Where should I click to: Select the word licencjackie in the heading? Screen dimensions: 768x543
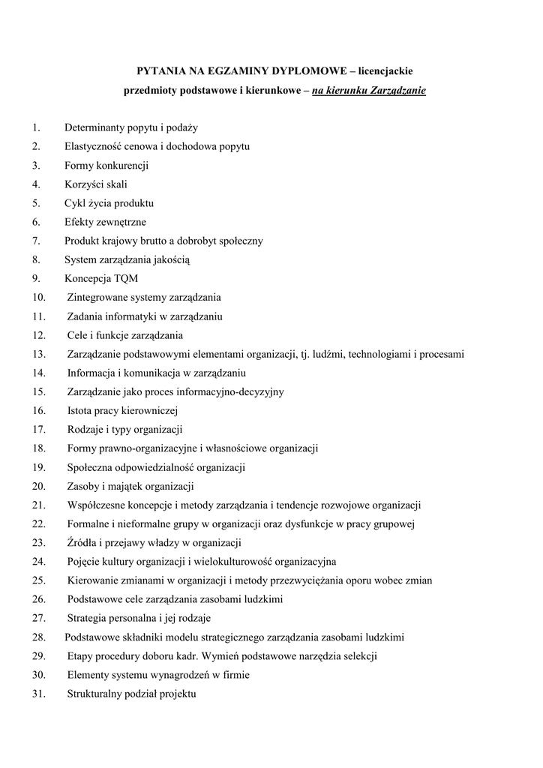385,71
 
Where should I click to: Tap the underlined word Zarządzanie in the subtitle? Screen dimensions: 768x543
398,91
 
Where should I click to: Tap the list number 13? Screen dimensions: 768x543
39,354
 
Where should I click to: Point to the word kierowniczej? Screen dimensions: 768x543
148,410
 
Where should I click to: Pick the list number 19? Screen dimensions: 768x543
39,467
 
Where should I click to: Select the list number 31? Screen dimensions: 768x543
39,694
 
